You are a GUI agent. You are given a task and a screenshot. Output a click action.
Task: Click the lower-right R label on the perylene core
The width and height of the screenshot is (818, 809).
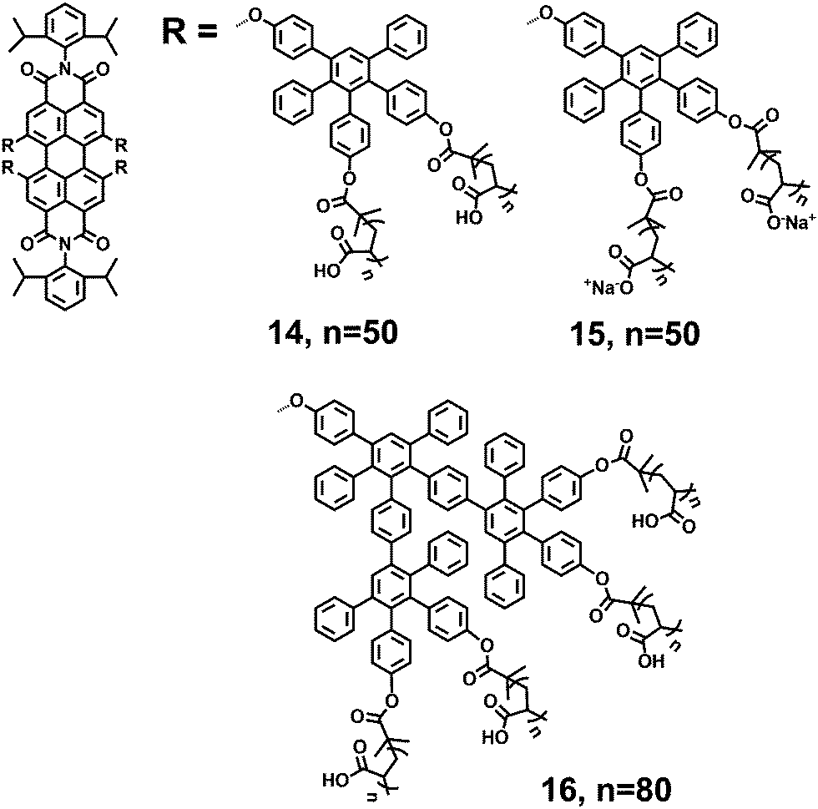[x=123, y=191]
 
